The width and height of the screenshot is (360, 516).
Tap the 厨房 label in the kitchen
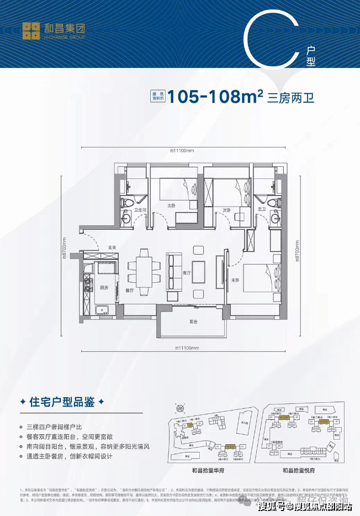(104, 288)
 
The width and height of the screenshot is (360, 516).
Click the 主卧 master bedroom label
(235, 281)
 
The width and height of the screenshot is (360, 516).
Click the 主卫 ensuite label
(262, 210)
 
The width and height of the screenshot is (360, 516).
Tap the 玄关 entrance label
(113, 247)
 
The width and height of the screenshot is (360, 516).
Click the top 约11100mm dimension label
(183, 149)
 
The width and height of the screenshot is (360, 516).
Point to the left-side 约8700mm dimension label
(64, 249)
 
